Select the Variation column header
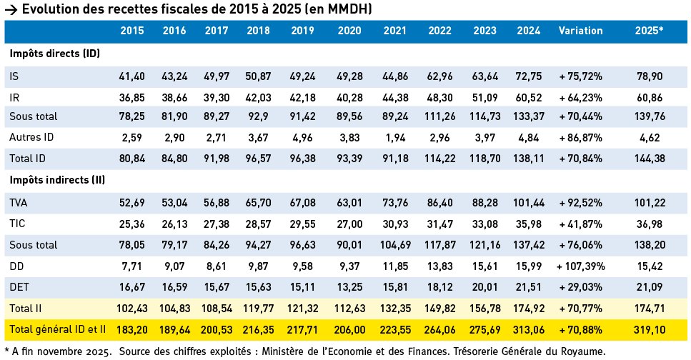pos(580,31)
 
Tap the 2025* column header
pos(649,31)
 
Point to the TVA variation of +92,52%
pos(580,204)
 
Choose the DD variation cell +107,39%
pos(580,266)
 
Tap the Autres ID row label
pos(31,136)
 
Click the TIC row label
pos(17,224)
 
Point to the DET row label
pos(19,287)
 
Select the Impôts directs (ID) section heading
pos(54,54)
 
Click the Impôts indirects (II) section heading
pos(58,181)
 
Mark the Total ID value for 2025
pos(649,156)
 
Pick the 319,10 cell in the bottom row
pos(649,329)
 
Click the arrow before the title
pos(11,9)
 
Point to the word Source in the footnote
pos(138,351)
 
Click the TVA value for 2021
pos(395,204)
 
